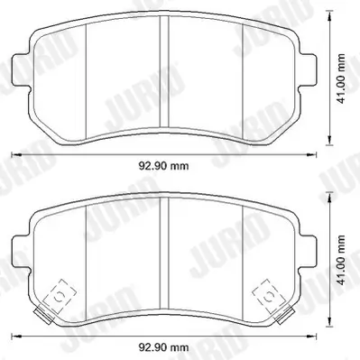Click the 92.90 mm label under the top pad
(x=163, y=166)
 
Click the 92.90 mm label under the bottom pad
(x=163, y=347)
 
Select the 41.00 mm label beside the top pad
(x=341, y=78)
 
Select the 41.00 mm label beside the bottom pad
(x=341, y=261)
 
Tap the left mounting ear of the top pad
(x=21, y=69)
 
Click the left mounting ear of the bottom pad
(x=21, y=252)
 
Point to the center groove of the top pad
(x=164, y=71)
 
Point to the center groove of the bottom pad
(x=164, y=253)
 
